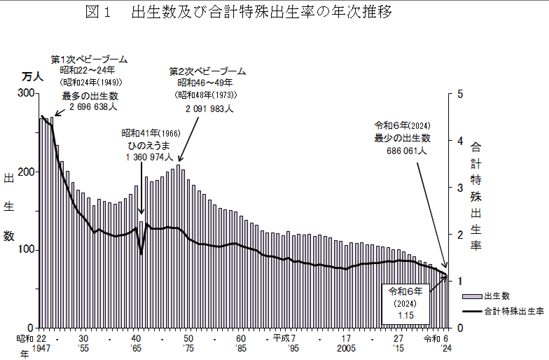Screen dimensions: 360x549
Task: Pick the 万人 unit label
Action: (x=32, y=76)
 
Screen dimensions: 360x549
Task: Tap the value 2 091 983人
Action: (x=209, y=109)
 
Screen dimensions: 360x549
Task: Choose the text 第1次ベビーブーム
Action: (x=90, y=59)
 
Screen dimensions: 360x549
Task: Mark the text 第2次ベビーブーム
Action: (x=208, y=71)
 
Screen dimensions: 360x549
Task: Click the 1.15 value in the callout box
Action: (x=405, y=316)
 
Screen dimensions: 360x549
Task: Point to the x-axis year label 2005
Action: (x=346, y=348)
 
